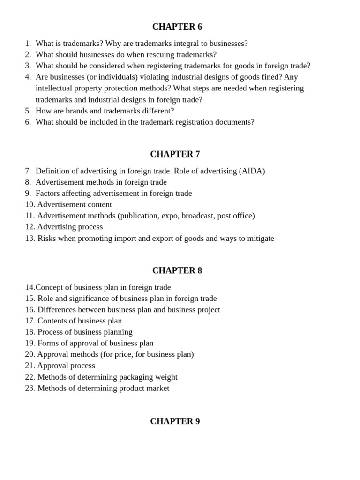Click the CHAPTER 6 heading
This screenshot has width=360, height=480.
[x=177, y=27]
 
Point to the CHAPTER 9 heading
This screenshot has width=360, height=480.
[x=175, y=421]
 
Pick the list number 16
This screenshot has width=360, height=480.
[x=30, y=310]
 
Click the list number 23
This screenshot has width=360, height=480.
[x=30, y=389]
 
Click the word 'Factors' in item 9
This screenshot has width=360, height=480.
[x=49, y=194]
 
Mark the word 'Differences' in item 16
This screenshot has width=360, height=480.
[x=57, y=310]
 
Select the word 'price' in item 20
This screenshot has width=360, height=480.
[x=123, y=355]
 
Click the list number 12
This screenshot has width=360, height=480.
[x=30, y=227]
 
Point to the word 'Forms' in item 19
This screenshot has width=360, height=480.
[x=48, y=344]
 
